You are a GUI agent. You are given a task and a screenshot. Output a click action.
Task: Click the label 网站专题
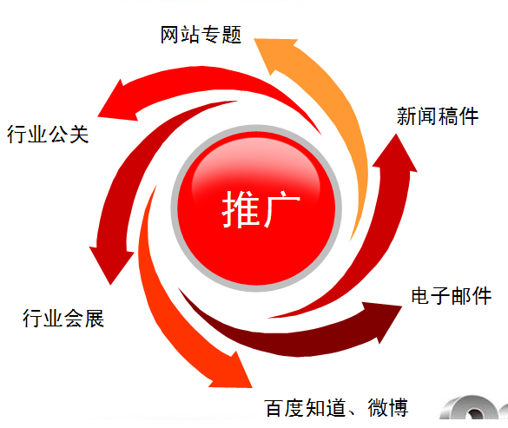click(x=201, y=35)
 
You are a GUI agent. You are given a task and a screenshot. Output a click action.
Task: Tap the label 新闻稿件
click(x=438, y=116)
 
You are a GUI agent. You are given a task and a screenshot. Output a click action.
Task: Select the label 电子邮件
click(x=452, y=296)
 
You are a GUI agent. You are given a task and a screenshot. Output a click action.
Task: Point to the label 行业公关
click(x=48, y=135)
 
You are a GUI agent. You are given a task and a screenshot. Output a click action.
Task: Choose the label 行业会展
click(x=63, y=318)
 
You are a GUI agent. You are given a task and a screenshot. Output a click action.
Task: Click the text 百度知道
click(x=305, y=407)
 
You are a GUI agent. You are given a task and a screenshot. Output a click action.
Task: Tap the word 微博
click(x=388, y=407)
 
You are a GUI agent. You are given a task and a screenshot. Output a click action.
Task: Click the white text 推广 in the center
click(x=261, y=209)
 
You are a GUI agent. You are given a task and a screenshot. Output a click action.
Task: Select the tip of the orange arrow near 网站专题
click(x=254, y=39)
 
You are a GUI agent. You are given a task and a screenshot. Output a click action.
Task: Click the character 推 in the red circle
click(x=241, y=209)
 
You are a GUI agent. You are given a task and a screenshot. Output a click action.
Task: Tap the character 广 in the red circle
click(x=282, y=209)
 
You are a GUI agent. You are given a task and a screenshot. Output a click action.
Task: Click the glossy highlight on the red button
click(x=256, y=168)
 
